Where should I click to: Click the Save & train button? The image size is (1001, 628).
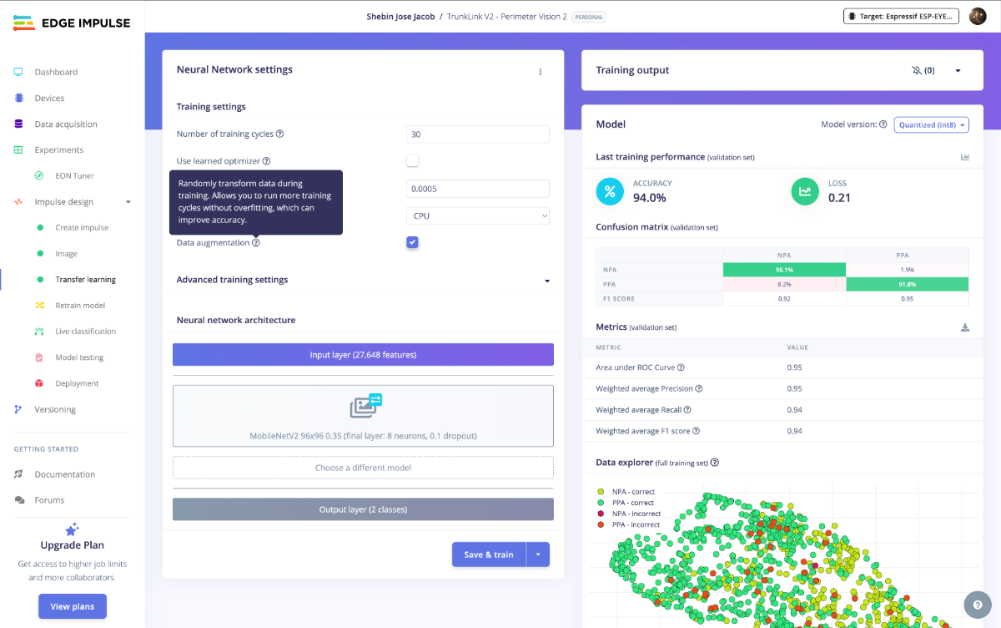pyautogui.click(x=489, y=555)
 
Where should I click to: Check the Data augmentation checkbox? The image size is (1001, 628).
pyautogui.click(x=412, y=242)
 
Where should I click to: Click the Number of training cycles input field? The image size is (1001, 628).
pyautogui.click(x=477, y=134)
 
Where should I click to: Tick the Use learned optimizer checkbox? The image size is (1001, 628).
pyautogui.click(x=412, y=160)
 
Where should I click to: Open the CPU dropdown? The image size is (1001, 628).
pyautogui.click(x=477, y=215)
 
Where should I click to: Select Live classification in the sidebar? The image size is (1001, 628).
pyautogui.click(x=85, y=332)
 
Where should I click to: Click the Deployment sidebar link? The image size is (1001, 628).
pyautogui.click(x=77, y=383)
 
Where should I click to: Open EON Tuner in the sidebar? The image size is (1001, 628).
pyautogui.click(x=74, y=175)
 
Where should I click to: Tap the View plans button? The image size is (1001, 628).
pyautogui.click(x=72, y=606)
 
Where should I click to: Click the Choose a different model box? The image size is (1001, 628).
pyautogui.click(x=363, y=468)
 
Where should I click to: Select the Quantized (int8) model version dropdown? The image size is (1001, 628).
pyautogui.click(x=931, y=124)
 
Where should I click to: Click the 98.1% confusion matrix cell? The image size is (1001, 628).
pyautogui.click(x=784, y=270)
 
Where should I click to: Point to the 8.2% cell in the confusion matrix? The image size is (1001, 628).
pyautogui.click(x=784, y=284)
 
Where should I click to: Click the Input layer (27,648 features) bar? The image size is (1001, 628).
pyautogui.click(x=363, y=355)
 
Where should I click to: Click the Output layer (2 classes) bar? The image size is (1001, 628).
pyautogui.click(x=363, y=509)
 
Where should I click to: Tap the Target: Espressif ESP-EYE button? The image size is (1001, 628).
pyautogui.click(x=901, y=16)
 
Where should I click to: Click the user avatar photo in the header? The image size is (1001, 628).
pyautogui.click(x=978, y=16)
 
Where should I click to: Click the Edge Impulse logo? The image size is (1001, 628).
pyautogui.click(x=72, y=23)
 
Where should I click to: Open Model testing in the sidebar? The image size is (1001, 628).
pyautogui.click(x=79, y=357)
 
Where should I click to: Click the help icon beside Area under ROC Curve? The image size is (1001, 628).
pyautogui.click(x=681, y=367)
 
